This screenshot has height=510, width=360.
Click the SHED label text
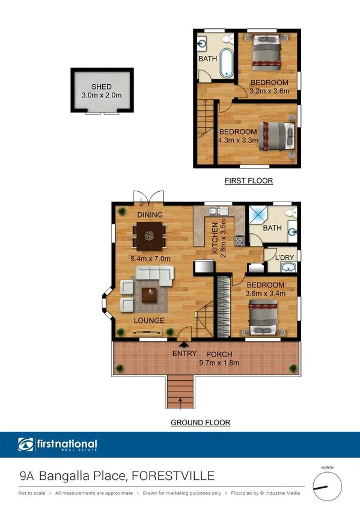click(102, 87)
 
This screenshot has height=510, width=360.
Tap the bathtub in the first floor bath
click(226, 64)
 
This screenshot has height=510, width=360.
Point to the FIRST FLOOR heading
click(248, 180)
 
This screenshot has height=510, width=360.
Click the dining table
click(150, 236)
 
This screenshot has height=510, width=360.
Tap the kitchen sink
click(215, 211)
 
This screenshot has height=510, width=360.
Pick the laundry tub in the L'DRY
click(288, 268)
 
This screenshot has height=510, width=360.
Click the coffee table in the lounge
click(149, 294)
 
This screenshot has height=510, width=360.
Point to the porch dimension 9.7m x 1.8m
click(219, 363)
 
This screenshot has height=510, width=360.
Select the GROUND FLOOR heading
click(200, 423)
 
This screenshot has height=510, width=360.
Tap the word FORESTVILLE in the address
click(174, 476)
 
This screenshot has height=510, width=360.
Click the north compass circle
click(327, 483)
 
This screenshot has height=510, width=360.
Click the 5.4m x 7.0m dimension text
click(151, 259)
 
